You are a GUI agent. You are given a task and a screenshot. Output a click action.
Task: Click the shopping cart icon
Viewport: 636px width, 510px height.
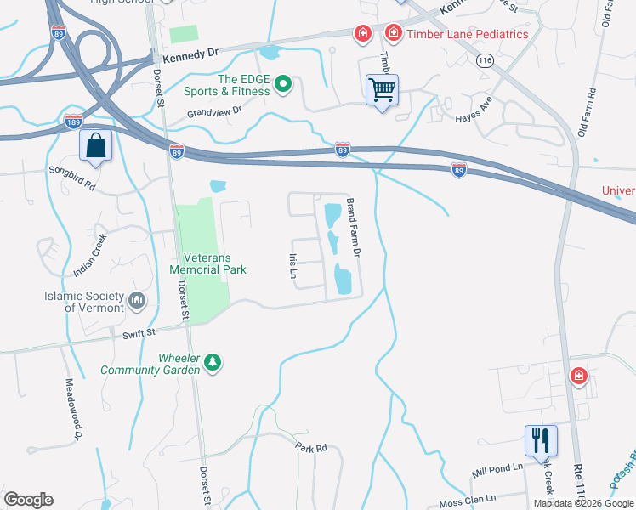[383, 89]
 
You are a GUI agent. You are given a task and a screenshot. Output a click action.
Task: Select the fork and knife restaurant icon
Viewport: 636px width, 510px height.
[541, 440]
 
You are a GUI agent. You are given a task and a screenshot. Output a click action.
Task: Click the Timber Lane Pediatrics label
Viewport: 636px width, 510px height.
[468, 34]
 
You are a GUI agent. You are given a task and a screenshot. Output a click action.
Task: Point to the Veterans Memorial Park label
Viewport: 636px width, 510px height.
[207, 263]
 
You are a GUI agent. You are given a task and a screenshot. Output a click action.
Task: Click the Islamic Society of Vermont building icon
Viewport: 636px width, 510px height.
[136, 300]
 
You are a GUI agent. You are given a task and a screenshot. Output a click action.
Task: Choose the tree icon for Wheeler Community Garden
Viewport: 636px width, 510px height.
[213, 364]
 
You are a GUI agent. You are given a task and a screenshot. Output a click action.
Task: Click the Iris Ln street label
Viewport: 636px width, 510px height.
[292, 265]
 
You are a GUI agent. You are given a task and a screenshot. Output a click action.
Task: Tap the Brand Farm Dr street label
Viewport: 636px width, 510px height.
[355, 229]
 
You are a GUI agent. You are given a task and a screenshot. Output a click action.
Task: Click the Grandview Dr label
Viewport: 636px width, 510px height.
[215, 111]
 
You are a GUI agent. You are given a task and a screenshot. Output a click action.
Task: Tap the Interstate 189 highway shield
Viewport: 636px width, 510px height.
[73, 121]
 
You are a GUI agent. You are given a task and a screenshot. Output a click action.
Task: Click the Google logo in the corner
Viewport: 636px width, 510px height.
[28, 500]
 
